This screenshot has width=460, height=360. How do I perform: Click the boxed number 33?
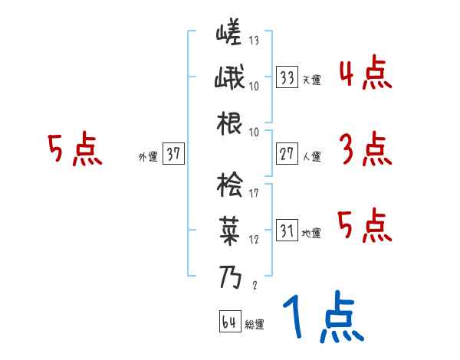[x=287, y=77]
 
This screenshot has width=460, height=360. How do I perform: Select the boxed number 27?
[x=287, y=154]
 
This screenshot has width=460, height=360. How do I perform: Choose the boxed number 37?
[x=173, y=154]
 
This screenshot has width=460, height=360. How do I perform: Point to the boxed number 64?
[x=229, y=322]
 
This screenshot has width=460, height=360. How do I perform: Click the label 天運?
[x=311, y=80]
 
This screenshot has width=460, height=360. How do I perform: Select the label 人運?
[x=311, y=156]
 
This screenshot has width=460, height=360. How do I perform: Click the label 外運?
[x=147, y=156]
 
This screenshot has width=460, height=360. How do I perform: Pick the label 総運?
[x=255, y=324]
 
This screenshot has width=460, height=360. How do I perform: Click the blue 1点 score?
[x=323, y=318]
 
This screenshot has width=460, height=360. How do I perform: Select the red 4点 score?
[x=365, y=75]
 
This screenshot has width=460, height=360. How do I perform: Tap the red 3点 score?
[x=365, y=150]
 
